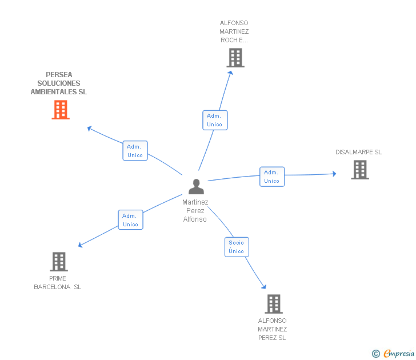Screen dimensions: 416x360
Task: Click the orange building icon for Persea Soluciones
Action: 61,110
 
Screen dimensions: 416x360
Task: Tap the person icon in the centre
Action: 197,186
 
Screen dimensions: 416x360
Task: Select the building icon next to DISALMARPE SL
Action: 360,170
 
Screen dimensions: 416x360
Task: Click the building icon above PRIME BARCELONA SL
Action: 59,262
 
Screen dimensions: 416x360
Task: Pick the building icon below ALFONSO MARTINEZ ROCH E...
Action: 235,58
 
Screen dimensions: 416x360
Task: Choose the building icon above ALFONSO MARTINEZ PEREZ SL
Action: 274,304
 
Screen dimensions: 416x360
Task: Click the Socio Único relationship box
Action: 237,247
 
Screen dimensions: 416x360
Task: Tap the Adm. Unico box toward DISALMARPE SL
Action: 272,177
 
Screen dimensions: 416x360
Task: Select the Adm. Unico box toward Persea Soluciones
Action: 135,151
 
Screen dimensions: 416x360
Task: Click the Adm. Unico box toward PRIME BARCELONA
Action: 130,219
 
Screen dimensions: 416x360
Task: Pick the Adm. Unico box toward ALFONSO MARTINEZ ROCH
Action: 215,120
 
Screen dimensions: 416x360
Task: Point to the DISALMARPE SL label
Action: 358,152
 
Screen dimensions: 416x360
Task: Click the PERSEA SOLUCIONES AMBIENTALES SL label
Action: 59,83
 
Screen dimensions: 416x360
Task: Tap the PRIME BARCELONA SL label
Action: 58,283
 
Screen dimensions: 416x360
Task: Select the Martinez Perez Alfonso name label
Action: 195,211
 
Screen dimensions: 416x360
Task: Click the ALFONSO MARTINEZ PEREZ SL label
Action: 272,329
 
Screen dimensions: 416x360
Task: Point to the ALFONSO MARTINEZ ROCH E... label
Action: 234,31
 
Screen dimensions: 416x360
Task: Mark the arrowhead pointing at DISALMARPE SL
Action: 334,174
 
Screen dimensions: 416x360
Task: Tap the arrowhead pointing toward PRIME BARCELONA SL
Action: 81,245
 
